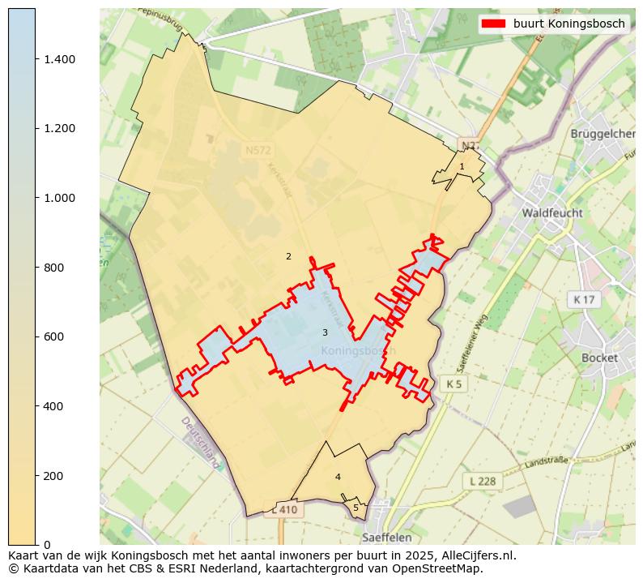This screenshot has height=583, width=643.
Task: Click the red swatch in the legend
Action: tap(493, 24)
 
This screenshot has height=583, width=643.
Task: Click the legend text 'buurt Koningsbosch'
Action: tap(568, 24)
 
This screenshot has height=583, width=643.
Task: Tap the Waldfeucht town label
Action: tap(552, 213)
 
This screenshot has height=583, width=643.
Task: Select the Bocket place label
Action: tap(599, 358)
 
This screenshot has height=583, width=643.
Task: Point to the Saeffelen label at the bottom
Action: tap(386, 537)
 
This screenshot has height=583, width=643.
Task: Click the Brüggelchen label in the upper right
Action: tap(603, 134)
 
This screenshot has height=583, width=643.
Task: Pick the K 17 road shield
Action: tap(583, 300)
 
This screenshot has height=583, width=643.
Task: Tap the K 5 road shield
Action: tap(454, 384)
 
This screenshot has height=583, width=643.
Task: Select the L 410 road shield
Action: tap(285, 510)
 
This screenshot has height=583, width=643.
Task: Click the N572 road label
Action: tap(259, 150)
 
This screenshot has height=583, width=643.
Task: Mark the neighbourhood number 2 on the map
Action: tap(288, 257)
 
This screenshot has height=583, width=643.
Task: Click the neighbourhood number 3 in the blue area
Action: tap(325, 332)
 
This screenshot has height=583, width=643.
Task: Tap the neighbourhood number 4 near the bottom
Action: tap(338, 477)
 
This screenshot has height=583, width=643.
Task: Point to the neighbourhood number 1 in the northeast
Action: tap(462, 166)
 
